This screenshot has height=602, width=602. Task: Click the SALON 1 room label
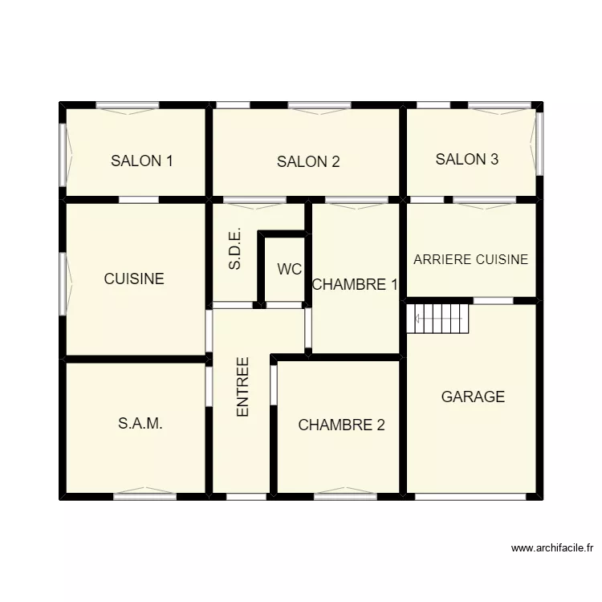142,161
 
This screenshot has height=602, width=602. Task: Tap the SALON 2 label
308,161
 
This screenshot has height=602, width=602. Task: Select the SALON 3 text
467,159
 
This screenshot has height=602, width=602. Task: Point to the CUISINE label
134,279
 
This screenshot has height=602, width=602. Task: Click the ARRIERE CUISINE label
470,259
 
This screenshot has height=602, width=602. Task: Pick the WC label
290,270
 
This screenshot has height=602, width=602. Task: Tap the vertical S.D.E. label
235,251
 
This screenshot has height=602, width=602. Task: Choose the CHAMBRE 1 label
355,284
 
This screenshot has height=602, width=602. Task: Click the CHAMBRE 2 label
341,425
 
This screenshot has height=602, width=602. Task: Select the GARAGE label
473,397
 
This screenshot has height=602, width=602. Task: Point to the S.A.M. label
140,424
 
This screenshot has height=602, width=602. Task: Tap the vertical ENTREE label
243,386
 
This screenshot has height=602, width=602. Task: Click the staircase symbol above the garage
438,318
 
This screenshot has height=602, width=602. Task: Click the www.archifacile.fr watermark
551,549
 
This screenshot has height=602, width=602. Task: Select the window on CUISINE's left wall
63,283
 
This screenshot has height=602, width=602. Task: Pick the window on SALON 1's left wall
63,153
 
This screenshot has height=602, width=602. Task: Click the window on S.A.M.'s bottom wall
144,495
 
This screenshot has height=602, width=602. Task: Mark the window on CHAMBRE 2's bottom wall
345,495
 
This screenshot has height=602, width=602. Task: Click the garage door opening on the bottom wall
471,496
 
